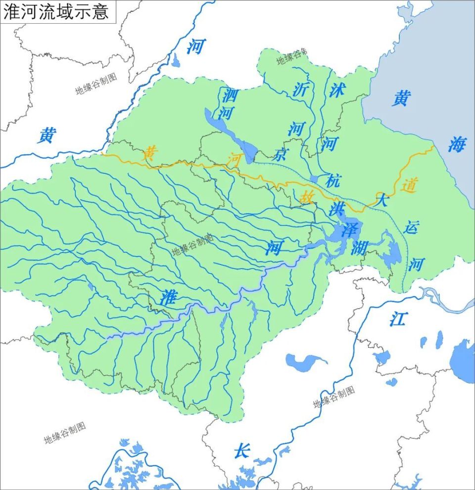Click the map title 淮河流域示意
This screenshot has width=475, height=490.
[56, 12]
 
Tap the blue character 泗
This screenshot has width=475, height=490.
[230, 94]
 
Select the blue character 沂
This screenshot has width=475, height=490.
[300, 89]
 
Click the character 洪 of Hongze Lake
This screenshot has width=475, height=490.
[337, 209]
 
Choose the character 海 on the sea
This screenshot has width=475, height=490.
[457, 144]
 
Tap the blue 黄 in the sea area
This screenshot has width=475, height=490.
[401, 98]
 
